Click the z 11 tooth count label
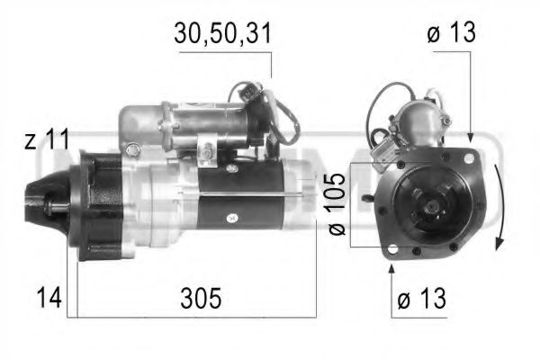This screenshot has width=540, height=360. (x=46, y=139)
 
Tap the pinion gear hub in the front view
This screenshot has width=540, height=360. (x=430, y=208)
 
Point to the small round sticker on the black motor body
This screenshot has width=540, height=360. (x=231, y=216)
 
